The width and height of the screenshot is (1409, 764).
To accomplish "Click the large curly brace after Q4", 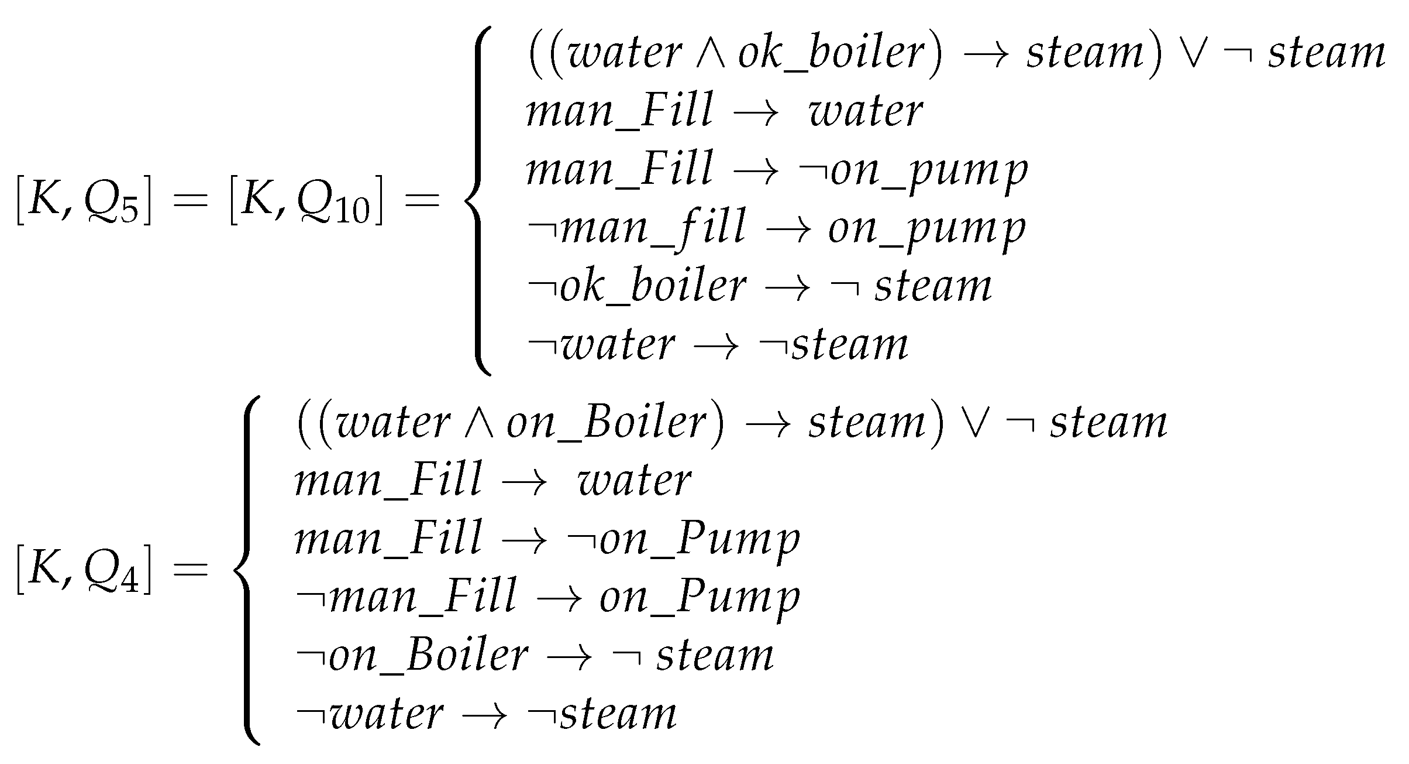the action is tap(246, 570).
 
